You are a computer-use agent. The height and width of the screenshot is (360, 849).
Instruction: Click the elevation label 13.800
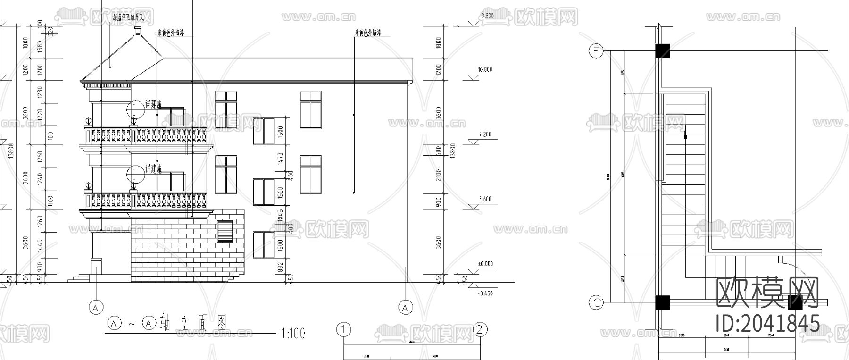[x=486, y=16]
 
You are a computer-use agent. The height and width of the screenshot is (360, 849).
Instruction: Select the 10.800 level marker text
[x=485, y=70]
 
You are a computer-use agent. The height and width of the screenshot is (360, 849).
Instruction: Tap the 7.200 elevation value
[x=485, y=134]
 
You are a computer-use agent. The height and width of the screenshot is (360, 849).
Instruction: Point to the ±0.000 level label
[x=485, y=264]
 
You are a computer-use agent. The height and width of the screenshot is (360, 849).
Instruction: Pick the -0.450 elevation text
[x=485, y=293]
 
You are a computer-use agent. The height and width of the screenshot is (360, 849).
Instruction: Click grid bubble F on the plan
[x=597, y=51]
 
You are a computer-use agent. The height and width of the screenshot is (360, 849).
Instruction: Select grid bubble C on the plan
[x=597, y=302]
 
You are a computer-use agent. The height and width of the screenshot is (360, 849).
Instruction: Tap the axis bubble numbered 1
[x=344, y=329]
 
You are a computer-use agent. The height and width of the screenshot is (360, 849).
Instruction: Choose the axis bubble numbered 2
[x=480, y=329]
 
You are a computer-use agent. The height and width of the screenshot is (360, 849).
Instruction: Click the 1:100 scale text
[x=293, y=334]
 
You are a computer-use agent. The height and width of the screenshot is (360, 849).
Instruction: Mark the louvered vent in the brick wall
[x=225, y=231]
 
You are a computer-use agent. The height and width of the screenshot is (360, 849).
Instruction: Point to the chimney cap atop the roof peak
[x=137, y=31]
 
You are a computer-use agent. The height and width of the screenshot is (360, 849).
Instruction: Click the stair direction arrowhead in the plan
[x=684, y=135]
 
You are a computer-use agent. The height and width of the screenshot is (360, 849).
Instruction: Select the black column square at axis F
[x=662, y=51]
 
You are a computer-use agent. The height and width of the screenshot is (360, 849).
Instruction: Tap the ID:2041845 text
[x=767, y=324]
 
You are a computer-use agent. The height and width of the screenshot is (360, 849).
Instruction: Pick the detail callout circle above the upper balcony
[x=135, y=109]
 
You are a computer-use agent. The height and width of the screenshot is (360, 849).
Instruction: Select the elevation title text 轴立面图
[x=194, y=323]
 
